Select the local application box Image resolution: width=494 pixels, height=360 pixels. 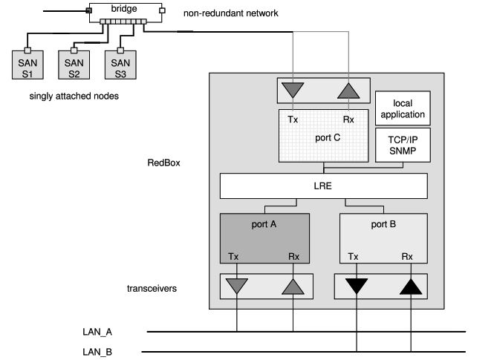click(403, 109)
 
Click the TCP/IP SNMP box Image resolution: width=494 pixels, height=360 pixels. click(403, 144)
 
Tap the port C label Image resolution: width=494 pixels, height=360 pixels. click(324, 136)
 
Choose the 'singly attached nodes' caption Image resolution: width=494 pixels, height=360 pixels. click(74, 96)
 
